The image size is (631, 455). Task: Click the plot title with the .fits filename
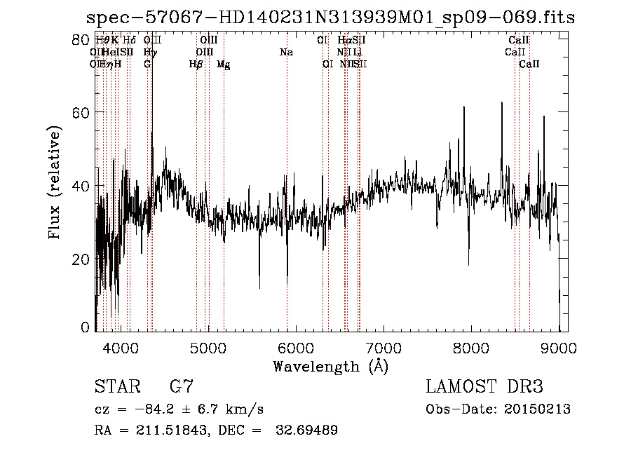(330, 18)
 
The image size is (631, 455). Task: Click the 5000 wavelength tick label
(208, 347)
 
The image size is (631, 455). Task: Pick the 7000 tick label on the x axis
(384, 347)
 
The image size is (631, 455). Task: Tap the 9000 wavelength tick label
(559, 347)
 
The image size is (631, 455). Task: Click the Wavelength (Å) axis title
(330, 366)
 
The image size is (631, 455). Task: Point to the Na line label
(286, 53)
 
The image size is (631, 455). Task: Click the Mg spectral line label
(223, 64)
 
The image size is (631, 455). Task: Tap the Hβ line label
(196, 64)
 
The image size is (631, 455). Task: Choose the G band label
(147, 64)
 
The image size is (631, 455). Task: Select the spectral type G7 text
(182, 387)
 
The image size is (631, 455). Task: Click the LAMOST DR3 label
(484, 387)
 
